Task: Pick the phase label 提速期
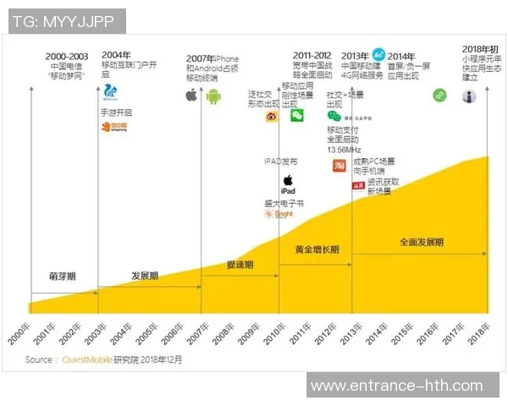(240, 266)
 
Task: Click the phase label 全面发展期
(420, 242)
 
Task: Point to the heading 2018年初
(480, 49)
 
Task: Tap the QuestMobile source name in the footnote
(86, 359)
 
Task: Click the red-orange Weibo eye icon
(271, 118)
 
